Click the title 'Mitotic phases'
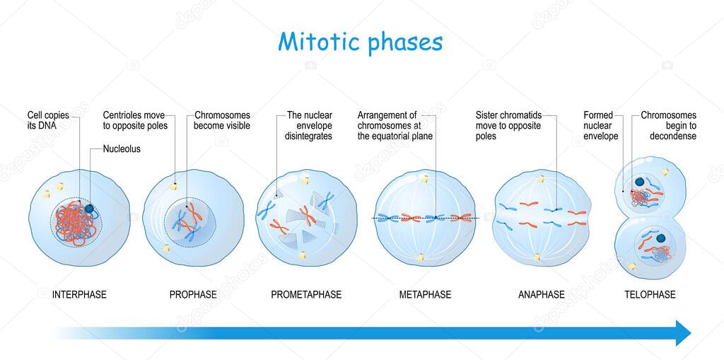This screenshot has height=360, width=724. (361, 42)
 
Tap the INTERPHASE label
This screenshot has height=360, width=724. (79, 294)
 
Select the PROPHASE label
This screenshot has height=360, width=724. (193, 294)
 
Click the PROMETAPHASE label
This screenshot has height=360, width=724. (306, 294)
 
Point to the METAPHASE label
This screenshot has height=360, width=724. (425, 294)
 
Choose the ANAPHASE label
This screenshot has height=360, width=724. (541, 294)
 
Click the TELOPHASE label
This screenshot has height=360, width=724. (650, 294)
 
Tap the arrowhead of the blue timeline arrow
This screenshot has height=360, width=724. (683, 332)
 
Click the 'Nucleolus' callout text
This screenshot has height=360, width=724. (122, 149)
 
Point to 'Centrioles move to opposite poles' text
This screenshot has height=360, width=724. (135, 120)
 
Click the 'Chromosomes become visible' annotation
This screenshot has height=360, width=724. (222, 120)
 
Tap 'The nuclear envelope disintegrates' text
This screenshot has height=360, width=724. (309, 125)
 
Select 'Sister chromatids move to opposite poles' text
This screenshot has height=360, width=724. (508, 125)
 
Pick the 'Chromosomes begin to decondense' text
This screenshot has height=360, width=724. (668, 125)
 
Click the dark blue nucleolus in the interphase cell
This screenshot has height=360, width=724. (91, 209)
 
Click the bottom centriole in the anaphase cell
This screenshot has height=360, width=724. (537, 257)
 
